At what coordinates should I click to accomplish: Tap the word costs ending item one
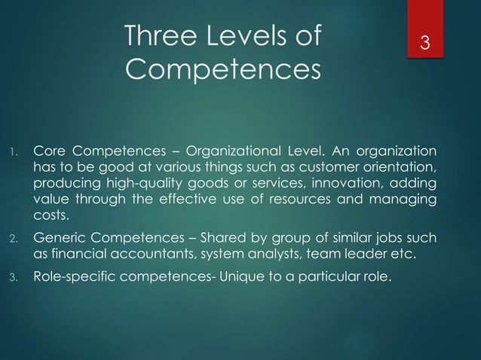point(50,220)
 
